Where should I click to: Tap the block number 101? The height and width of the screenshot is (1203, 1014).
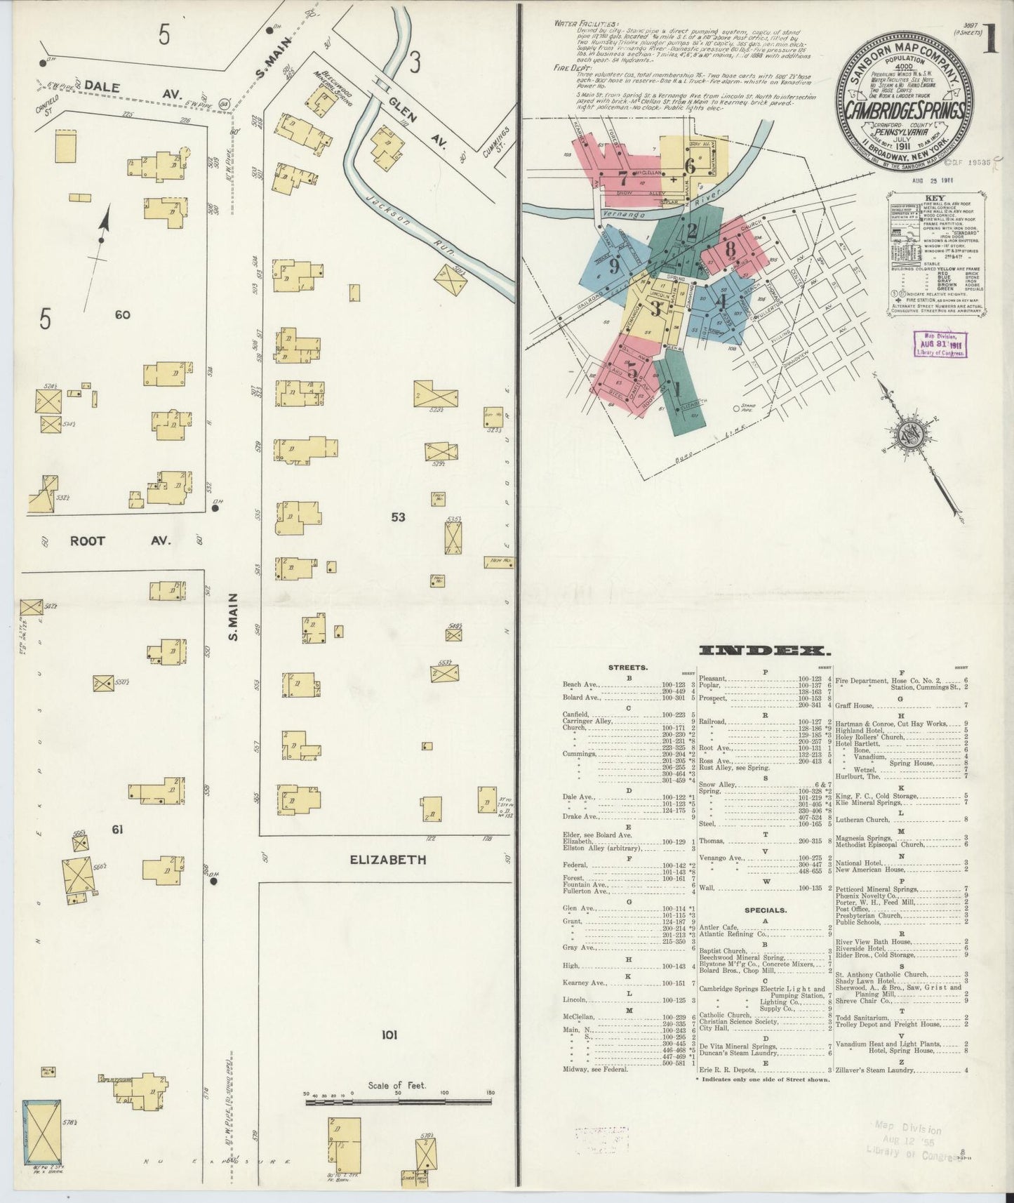point(390,1035)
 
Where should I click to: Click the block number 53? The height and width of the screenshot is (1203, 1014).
point(399,517)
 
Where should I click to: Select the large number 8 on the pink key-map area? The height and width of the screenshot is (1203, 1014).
point(730,249)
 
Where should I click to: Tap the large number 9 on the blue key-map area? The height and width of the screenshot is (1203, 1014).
point(613,266)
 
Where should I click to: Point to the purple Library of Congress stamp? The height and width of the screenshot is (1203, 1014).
point(940,345)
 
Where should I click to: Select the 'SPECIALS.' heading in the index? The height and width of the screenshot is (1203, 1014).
point(766,910)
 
